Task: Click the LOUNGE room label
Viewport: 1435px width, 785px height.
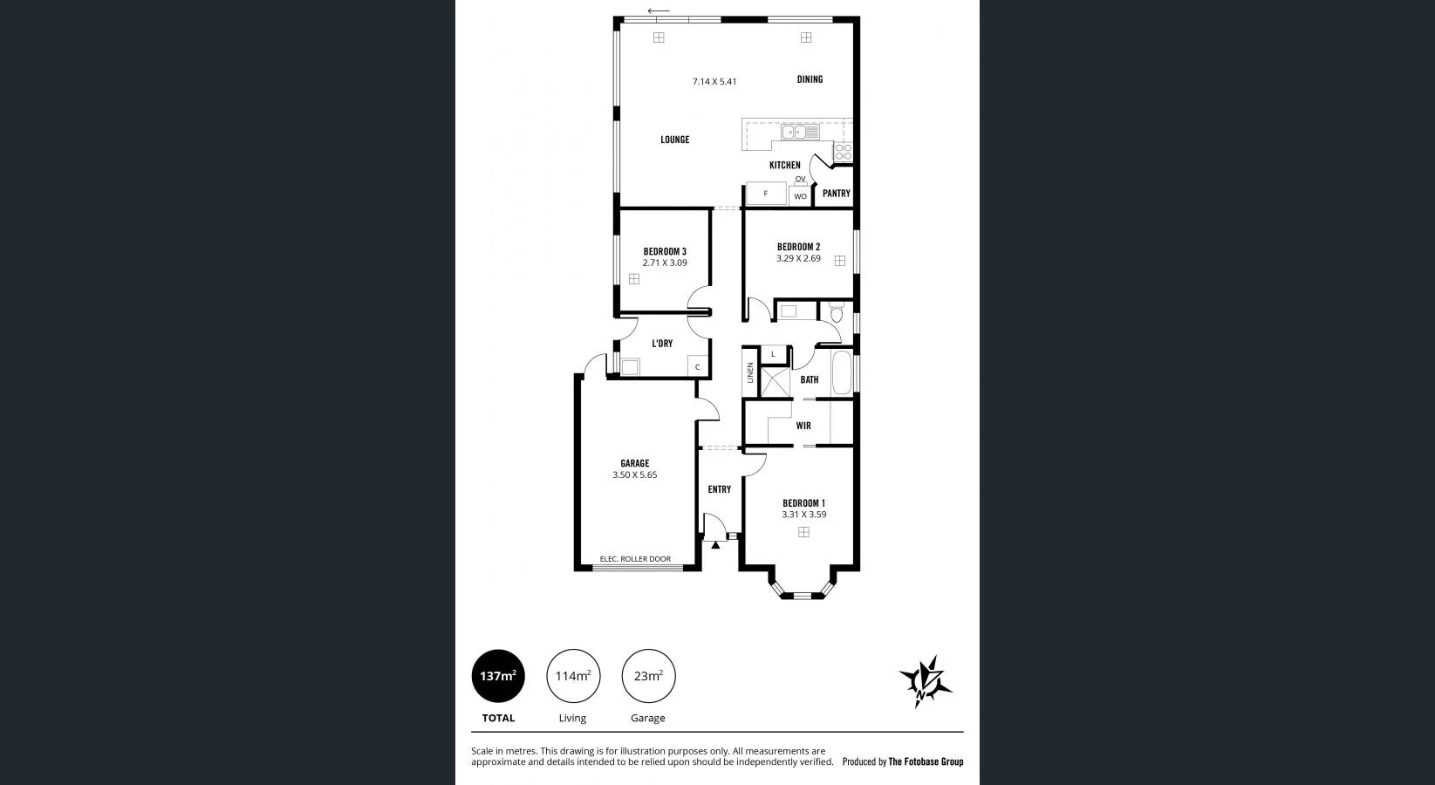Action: [674, 140]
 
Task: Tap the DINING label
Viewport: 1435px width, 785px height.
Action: [810, 79]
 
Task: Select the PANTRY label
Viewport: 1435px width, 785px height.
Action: [836, 194]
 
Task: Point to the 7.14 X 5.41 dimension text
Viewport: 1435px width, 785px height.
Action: [714, 82]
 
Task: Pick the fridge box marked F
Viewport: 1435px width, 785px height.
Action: [766, 194]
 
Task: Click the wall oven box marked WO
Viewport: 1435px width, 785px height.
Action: [800, 196]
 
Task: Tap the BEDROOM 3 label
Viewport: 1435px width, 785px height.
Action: [665, 251]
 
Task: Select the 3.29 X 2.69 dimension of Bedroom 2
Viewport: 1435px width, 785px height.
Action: [798, 258]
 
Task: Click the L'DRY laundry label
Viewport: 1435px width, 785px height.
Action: [662, 344]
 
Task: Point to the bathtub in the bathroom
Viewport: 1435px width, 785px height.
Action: [842, 373]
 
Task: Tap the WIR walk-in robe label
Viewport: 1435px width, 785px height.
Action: [803, 426]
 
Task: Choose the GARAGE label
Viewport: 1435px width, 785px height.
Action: [634, 463]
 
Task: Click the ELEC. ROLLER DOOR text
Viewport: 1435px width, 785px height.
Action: [635, 559]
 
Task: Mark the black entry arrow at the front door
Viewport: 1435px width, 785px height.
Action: [715, 545]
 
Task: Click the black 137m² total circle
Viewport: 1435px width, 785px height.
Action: [498, 676]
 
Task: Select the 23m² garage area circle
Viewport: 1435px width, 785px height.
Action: [648, 676]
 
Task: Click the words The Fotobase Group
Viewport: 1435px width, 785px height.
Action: [926, 761]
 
